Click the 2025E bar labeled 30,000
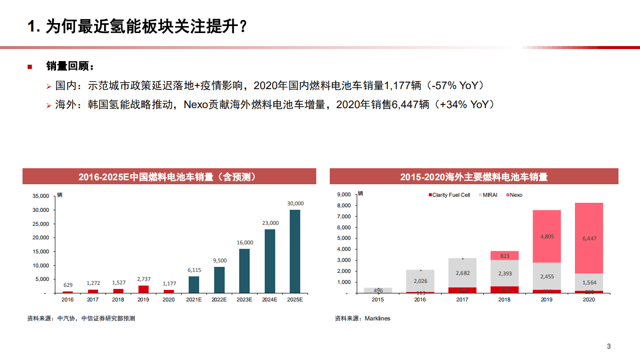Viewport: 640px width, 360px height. pyautogui.click(x=295, y=251)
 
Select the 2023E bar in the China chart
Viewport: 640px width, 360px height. pyautogui.click(x=244, y=270)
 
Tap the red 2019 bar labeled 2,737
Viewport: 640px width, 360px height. pyautogui.click(x=143, y=289)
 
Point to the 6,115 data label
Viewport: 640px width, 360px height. pyautogui.click(x=194, y=270)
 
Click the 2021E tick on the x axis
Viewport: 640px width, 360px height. pyautogui.click(x=194, y=299)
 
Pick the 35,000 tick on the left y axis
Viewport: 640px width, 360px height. pyautogui.click(x=40, y=196)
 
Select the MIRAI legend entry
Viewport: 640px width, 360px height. pyautogui.click(x=488, y=195)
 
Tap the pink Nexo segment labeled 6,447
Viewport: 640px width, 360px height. pyautogui.click(x=589, y=238)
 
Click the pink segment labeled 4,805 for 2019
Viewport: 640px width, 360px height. pyautogui.click(x=546, y=236)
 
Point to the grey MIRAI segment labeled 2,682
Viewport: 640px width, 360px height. pyautogui.click(x=462, y=273)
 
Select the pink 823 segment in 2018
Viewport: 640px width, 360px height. pyautogui.click(x=504, y=256)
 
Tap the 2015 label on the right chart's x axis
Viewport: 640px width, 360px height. pyautogui.click(x=378, y=299)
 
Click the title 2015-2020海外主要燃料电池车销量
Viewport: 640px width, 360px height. pyautogui.click(x=473, y=177)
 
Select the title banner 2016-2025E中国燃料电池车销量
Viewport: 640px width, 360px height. pyautogui.click(x=169, y=177)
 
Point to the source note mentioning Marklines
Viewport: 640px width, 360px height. pyautogui.click(x=362, y=318)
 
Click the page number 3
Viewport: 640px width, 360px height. pyautogui.click(x=608, y=346)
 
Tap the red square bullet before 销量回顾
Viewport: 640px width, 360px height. pyautogui.click(x=30, y=67)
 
